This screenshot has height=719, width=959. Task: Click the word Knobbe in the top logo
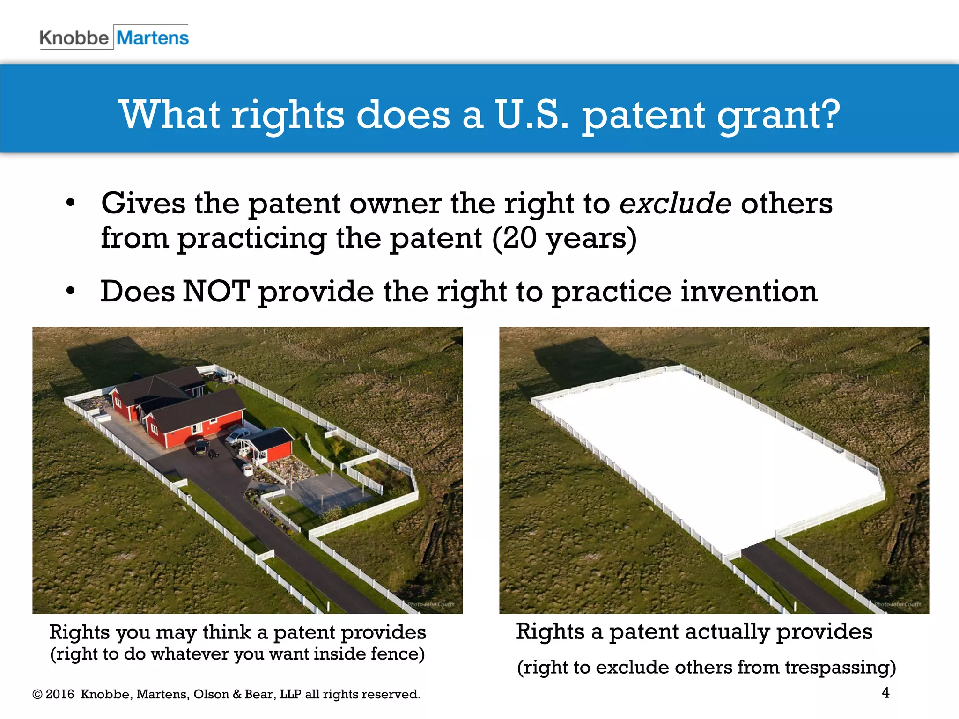[74, 38]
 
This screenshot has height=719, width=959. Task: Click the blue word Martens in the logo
[153, 38]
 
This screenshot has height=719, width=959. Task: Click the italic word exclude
[675, 204]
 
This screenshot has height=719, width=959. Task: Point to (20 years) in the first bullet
[564, 238]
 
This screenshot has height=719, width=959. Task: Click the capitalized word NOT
[216, 291]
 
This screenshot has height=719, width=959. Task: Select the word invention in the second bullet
[749, 291]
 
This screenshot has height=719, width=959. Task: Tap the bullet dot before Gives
[70, 203]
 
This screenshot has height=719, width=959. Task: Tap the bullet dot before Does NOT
[70, 291]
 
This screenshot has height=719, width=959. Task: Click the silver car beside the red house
[237, 436]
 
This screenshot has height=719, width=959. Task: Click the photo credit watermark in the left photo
[430, 604]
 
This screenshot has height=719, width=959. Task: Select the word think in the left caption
[227, 632]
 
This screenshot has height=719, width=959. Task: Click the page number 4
[885, 692]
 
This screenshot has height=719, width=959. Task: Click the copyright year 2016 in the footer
[59, 694]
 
